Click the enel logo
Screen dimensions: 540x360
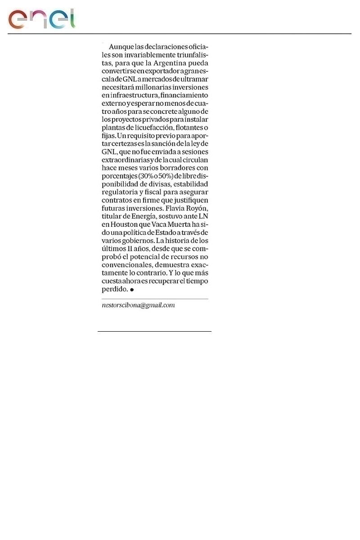point(41,19)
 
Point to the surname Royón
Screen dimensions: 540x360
point(197,209)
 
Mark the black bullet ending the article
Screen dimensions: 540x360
point(132,290)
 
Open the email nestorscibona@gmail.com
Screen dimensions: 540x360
point(138,306)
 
